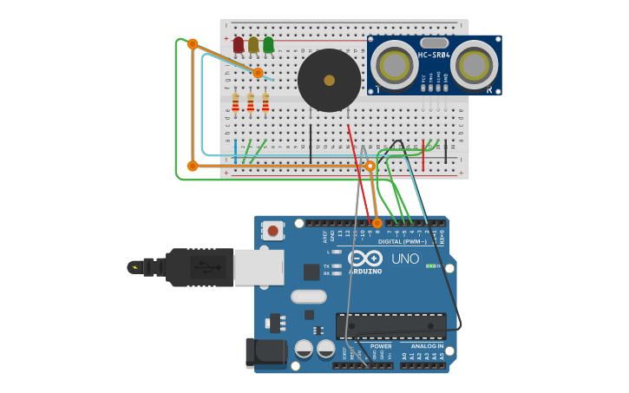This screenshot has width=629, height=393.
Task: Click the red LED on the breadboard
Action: tap(239, 44)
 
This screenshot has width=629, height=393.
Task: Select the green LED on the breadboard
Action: tap(268, 44)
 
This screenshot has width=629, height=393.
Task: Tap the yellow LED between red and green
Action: tap(253, 44)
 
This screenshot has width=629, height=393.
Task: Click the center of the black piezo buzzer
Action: tap(329, 80)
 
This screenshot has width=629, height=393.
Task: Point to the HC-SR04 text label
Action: tap(434, 56)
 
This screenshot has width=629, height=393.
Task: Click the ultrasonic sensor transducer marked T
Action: tap(396, 65)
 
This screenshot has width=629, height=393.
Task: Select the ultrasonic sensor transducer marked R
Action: tap(475, 65)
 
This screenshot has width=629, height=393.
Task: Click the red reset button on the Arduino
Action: tap(273, 231)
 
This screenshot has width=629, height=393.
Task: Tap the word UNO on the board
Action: tap(404, 259)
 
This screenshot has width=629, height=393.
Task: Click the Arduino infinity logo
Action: tap(365, 258)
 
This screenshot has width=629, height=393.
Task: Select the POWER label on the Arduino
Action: tap(381, 346)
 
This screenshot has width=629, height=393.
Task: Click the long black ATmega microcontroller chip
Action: tap(391, 326)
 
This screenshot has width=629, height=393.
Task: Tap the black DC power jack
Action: tap(264, 353)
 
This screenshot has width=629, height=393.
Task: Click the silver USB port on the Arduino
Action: tap(259, 267)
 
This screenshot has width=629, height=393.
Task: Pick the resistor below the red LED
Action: tap(235, 103)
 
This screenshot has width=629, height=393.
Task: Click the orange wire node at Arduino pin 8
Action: tap(377, 223)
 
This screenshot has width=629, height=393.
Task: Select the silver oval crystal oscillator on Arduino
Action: tap(309, 297)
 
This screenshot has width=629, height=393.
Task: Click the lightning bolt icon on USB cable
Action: tap(134, 267)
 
